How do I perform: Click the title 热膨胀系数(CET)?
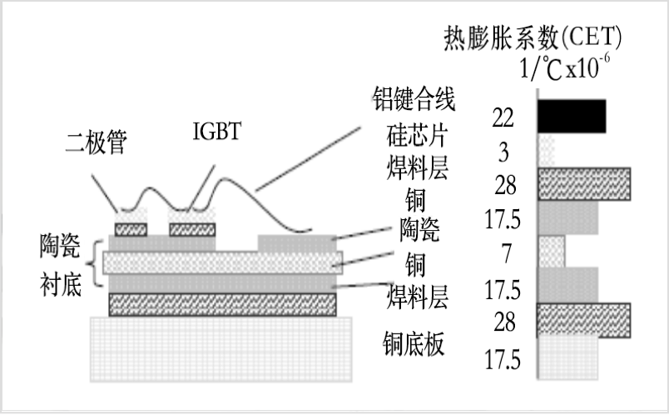click(x=533, y=37)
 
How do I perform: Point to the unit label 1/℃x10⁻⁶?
click(x=564, y=67)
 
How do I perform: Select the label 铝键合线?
click(x=414, y=98)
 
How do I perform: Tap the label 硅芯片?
click(x=416, y=136)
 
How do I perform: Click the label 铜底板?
click(x=414, y=343)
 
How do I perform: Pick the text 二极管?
click(x=97, y=142)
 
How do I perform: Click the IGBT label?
click(x=217, y=131)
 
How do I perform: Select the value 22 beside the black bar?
click(x=503, y=117)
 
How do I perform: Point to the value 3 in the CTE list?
click(x=504, y=152)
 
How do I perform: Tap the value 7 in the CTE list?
click(x=506, y=253)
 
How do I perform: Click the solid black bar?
click(x=572, y=116)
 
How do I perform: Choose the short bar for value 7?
click(x=551, y=252)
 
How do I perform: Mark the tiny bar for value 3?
click(x=546, y=151)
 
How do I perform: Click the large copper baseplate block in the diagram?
click(x=221, y=349)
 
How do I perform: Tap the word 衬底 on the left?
click(x=61, y=285)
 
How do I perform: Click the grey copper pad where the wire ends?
click(x=297, y=243)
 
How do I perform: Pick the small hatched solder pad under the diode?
click(x=131, y=229)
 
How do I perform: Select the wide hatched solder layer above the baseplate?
click(x=222, y=305)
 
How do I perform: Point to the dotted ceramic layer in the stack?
click(x=222, y=262)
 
